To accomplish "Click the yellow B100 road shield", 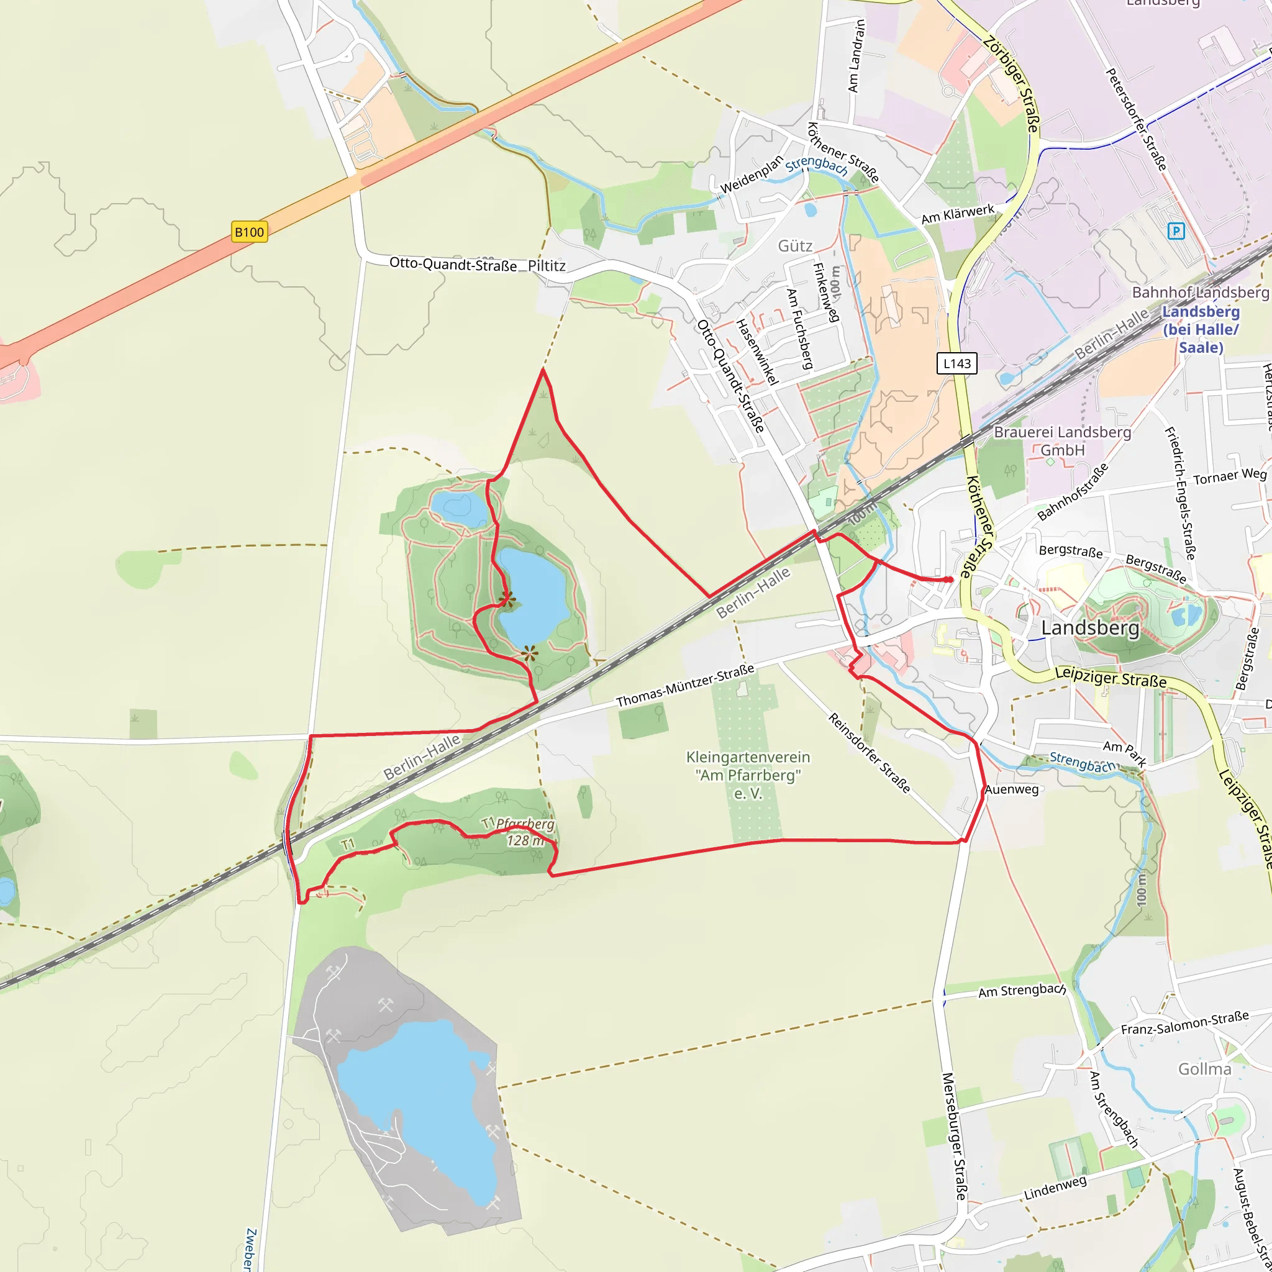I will point(250,232).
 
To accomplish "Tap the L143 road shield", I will point(956,363).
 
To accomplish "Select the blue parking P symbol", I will point(1176,231).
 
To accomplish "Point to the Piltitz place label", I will point(547,266).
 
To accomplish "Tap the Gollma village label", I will point(1204,1068).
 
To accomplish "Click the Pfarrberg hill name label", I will point(525,824).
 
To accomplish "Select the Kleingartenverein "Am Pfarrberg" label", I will point(748,775).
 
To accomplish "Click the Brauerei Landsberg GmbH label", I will point(1063,441).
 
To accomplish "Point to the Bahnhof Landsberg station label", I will point(1200,293).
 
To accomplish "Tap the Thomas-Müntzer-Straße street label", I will point(684,686).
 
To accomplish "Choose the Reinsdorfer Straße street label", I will point(869,753).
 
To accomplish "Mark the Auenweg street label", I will point(1011,789).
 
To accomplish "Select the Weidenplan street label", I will point(752,175).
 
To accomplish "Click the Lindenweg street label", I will point(1055,1188).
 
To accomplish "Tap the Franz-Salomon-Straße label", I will point(1184,1022).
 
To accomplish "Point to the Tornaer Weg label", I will point(1230,476).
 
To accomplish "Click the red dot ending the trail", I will point(949,579).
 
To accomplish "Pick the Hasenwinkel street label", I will point(756,352).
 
